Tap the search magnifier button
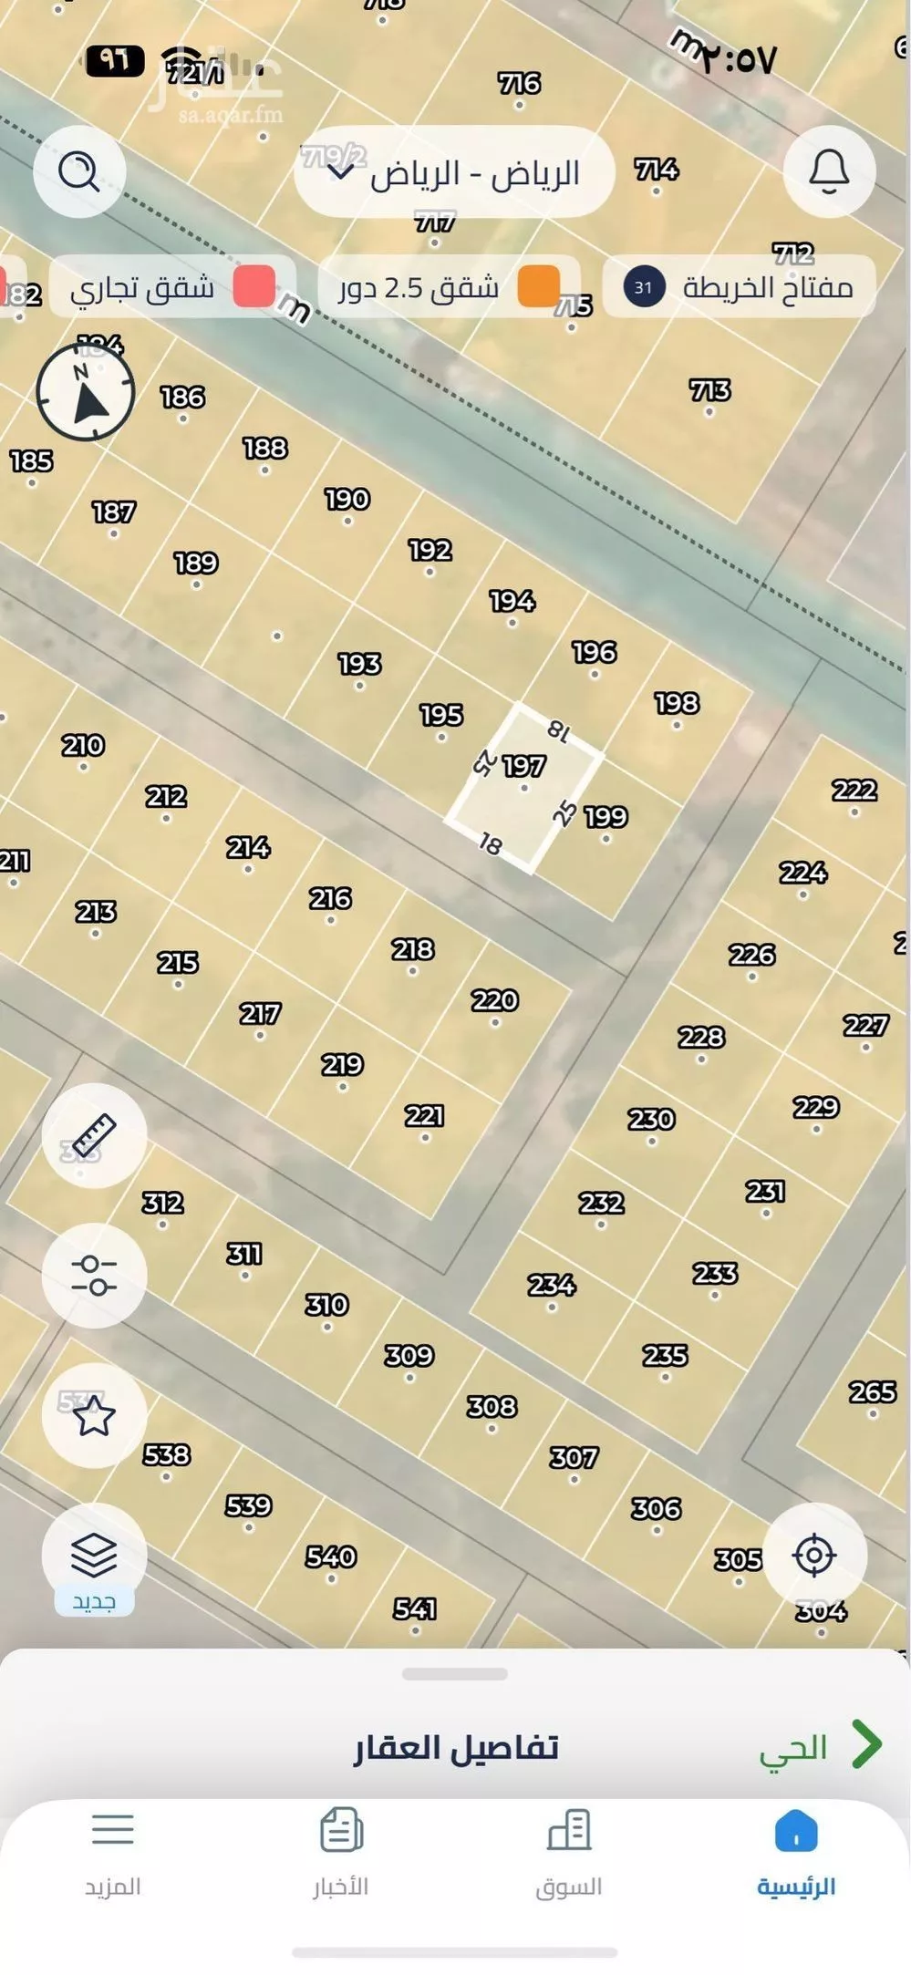click(x=78, y=171)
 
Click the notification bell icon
click(x=829, y=171)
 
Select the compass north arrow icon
click(x=86, y=393)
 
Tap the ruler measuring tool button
click(x=94, y=1135)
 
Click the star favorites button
click(x=94, y=1416)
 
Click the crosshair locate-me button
click(x=813, y=1555)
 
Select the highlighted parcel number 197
click(x=524, y=767)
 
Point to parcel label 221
click(x=424, y=1116)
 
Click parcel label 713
click(x=709, y=391)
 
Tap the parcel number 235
click(x=665, y=1356)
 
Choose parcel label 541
click(x=415, y=1608)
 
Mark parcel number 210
click(x=83, y=746)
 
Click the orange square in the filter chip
click(x=538, y=287)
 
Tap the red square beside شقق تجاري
click(x=254, y=287)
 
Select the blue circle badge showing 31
click(x=644, y=287)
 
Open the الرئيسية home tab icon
click(x=795, y=1831)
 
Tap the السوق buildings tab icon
click(x=569, y=1831)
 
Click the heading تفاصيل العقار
click(x=456, y=1747)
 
